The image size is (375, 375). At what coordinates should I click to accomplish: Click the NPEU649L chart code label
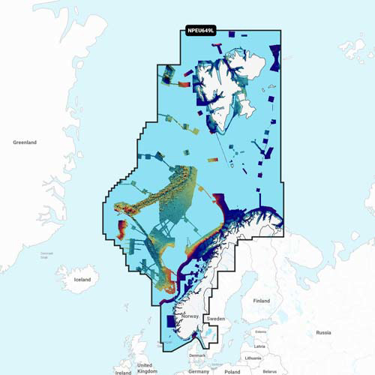tap(200, 31)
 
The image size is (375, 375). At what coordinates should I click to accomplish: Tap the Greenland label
tap(25, 142)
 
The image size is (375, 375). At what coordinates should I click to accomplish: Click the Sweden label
tap(215, 319)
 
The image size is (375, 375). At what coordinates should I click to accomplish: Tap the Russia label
tap(323, 331)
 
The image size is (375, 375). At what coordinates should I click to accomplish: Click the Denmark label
tap(197, 355)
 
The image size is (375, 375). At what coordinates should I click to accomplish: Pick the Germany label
tap(199, 371)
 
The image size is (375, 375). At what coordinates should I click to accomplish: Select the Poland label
tap(232, 371)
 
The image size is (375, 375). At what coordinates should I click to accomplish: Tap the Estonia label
tap(261, 331)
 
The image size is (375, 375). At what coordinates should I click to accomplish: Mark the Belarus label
tap(271, 371)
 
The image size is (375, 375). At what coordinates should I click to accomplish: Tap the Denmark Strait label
tap(47, 255)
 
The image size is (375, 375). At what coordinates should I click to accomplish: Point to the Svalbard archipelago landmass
tap(229, 82)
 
